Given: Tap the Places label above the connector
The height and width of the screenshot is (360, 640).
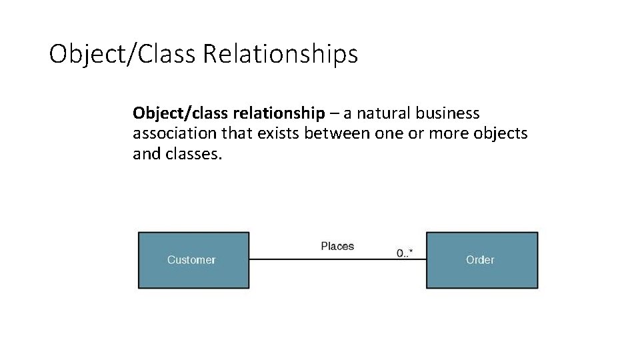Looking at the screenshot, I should click(x=337, y=247).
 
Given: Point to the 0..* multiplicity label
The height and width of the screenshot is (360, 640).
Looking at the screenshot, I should click(x=405, y=253).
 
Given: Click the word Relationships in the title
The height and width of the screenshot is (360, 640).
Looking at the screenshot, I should click(x=280, y=54).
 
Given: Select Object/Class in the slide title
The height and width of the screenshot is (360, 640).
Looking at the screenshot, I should click(x=122, y=54).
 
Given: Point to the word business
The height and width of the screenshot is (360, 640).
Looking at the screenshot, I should click(x=447, y=113).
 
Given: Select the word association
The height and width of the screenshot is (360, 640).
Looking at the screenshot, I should click(x=175, y=133).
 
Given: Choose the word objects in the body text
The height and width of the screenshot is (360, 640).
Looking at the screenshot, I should click(x=500, y=133).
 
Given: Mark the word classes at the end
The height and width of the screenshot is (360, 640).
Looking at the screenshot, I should click(x=197, y=154).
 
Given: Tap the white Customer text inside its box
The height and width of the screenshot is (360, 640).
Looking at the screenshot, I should click(x=191, y=260).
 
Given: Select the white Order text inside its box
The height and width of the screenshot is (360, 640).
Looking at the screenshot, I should click(x=480, y=260).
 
